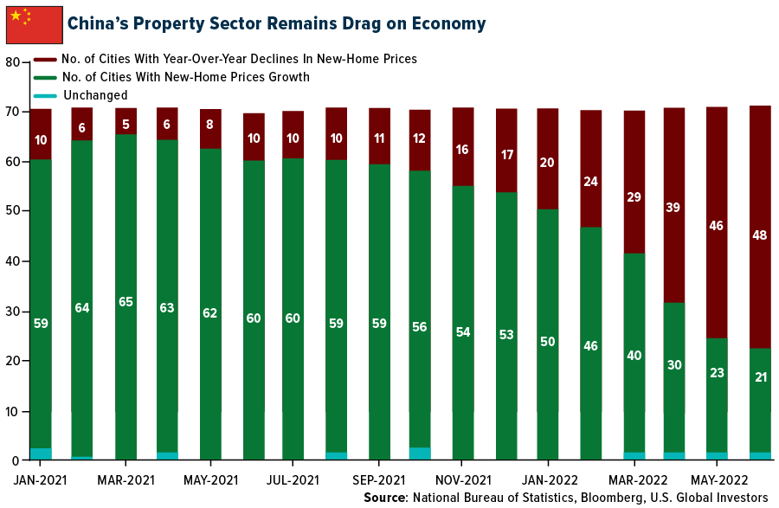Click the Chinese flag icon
tap(34, 23)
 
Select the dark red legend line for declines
tap(44, 60)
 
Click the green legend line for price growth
tap(44, 78)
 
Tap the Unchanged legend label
tap(94, 95)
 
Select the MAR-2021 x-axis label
tap(126, 479)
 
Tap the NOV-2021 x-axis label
tap(464, 479)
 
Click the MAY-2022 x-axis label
tap(718, 479)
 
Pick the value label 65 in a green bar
tap(126, 302)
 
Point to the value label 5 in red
tap(126, 122)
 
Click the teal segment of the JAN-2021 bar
tap(41, 453)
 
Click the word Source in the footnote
tap(383, 498)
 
